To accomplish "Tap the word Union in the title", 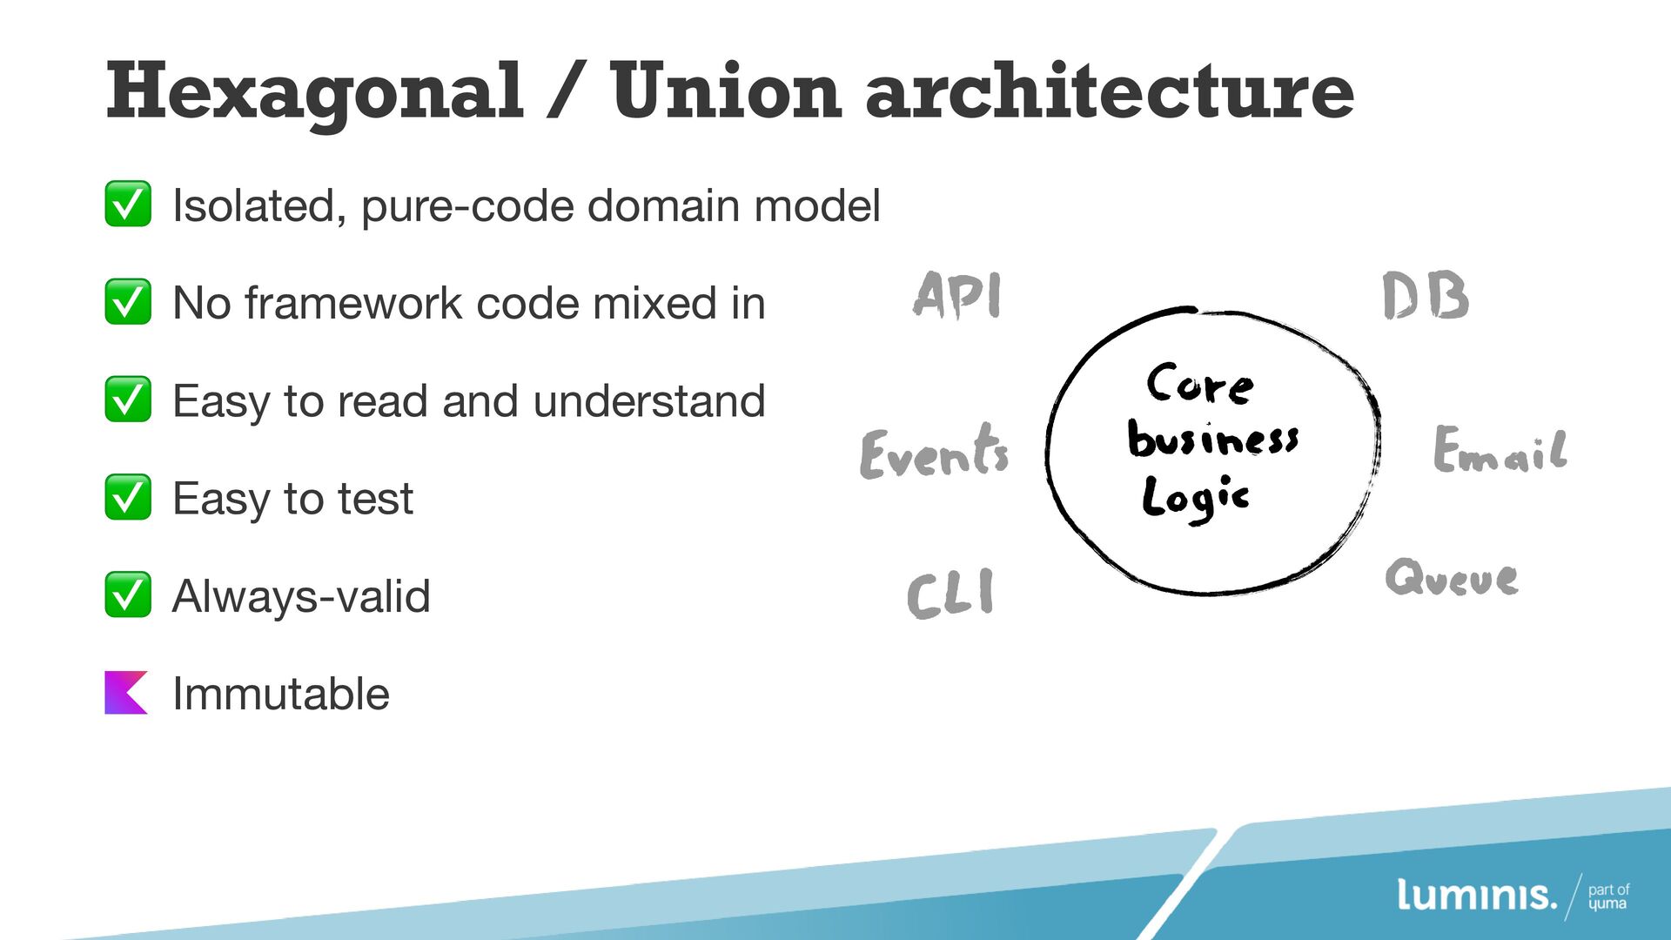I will pos(725,91).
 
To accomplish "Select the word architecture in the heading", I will pos(1110,91).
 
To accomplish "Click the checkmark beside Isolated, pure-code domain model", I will pos(128,204).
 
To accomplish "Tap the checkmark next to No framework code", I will pos(128,301).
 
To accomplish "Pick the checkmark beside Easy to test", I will pos(128,497).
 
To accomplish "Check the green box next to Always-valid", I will pos(128,594).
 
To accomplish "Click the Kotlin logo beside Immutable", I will pos(126,693).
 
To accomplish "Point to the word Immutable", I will pos(280,694).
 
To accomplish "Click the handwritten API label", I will pos(957,296).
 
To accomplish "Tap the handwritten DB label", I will pos(1426,297).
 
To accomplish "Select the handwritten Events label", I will pos(934,453).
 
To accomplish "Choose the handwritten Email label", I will pos(1500,451).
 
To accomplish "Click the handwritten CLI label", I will pos(950,594).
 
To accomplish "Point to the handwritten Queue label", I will pos(1452,578).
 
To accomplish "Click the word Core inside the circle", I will pos(1200,384).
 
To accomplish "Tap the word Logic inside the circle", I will pos(1195,499).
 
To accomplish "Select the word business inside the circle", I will pos(1212,439).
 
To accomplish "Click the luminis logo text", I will pos(1476,895).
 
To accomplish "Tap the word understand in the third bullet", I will pos(648,401).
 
